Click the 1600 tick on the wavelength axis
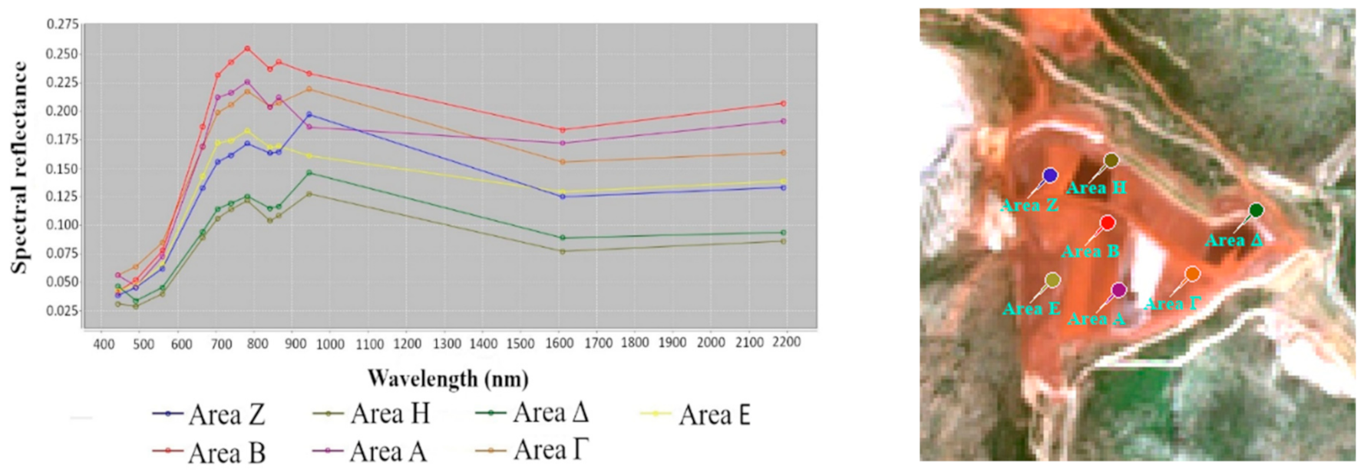559,343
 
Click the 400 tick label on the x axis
104,344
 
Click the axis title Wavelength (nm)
448,379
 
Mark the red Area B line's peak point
247,48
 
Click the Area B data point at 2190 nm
783,103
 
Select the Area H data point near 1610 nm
562,251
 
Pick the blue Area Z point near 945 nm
309,114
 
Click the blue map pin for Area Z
1050,176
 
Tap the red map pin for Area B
1107,223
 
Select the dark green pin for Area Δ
1256,210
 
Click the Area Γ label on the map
1171,304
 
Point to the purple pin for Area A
1118,290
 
